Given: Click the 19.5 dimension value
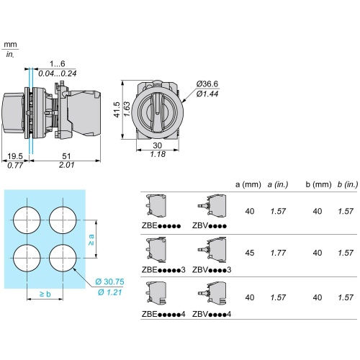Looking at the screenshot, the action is (15, 156).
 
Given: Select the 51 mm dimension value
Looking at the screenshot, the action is (66, 156).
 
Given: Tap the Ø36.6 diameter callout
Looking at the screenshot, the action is (207, 84).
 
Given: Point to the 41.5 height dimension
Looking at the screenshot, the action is (117, 109).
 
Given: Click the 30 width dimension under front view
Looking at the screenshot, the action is (158, 145).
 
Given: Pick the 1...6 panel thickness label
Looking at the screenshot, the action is (57, 63).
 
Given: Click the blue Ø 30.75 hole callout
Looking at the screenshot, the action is (109, 282).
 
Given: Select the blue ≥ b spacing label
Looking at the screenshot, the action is (45, 294).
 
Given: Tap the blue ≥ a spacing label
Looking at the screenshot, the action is (91, 240).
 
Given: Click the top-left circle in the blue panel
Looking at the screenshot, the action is (27, 220).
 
